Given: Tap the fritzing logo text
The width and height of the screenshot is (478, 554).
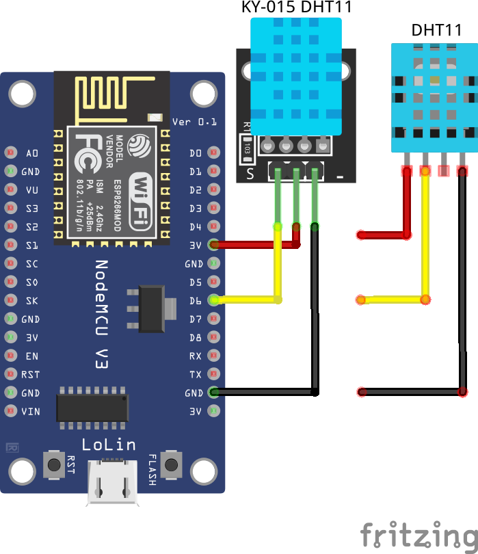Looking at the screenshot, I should (419, 534).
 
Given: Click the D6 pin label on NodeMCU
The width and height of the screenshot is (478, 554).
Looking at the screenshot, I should (196, 300).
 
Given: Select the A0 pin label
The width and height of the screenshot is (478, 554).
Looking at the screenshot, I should (32, 153).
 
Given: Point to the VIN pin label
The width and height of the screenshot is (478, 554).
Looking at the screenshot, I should (31, 412).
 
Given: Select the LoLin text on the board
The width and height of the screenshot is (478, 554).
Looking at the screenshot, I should (109, 445).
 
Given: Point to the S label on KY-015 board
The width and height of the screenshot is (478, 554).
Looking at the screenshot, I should (250, 174).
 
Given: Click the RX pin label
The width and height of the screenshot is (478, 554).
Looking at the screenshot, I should (196, 356).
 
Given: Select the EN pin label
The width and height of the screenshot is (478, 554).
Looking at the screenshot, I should (32, 356).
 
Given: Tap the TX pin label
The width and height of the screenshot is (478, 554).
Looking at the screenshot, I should (196, 375).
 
